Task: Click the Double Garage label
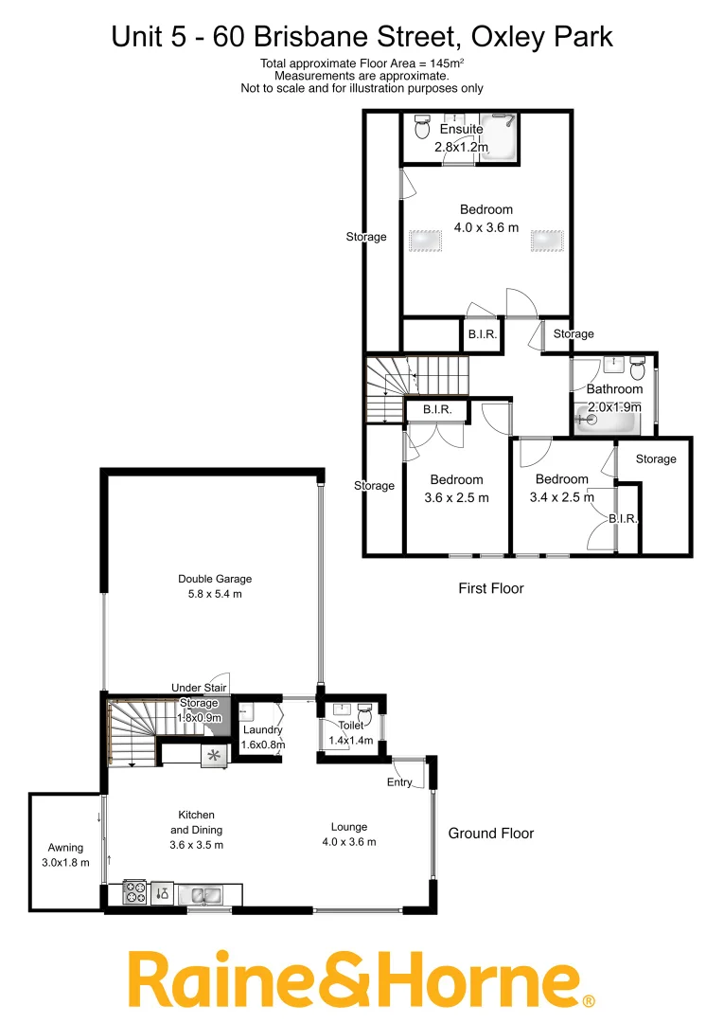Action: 215,579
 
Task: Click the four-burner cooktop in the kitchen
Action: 132,892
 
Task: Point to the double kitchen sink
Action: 201,893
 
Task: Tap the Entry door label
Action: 399,782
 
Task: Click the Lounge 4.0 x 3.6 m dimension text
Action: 349,842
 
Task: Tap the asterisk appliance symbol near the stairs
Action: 213,755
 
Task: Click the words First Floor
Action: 490,588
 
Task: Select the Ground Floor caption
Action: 490,834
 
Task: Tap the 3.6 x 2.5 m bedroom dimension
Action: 456,497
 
